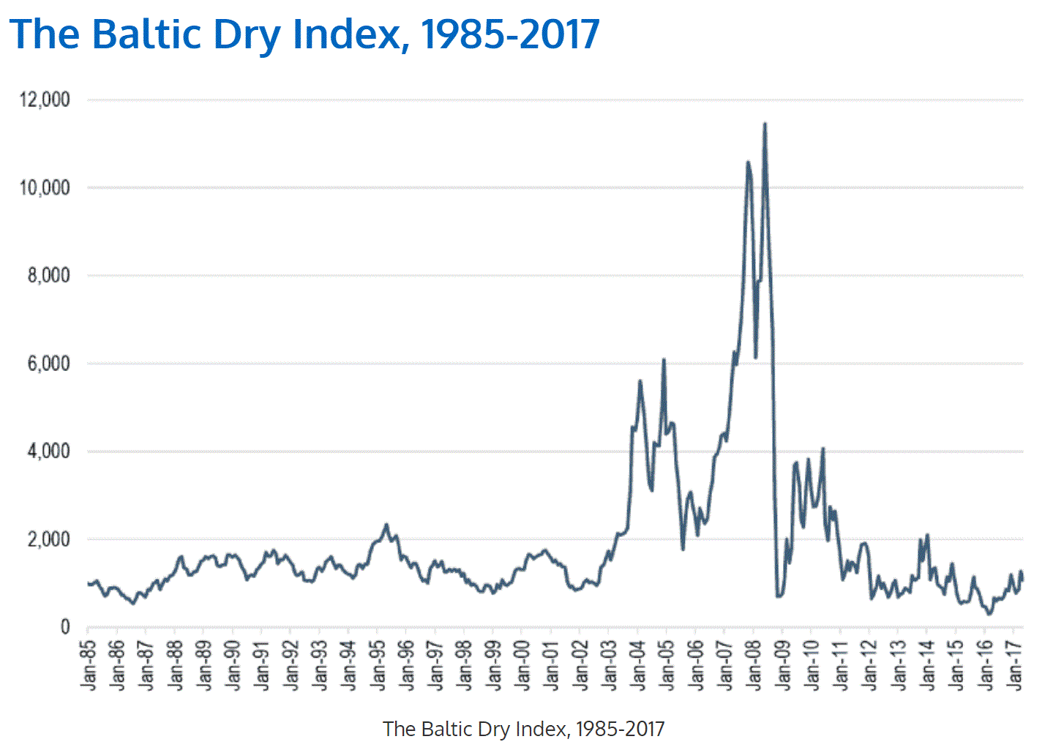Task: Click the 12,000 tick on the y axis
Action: click(x=45, y=100)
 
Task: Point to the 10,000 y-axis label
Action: click(x=45, y=188)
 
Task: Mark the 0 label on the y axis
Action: click(x=64, y=627)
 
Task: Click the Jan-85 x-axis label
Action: click(x=89, y=664)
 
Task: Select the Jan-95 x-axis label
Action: click(x=378, y=664)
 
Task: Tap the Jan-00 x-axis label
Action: click(x=522, y=664)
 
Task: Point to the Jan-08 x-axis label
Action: click(x=754, y=664)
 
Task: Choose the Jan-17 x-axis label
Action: click(x=1014, y=664)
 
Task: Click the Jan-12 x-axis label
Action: click(x=869, y=664)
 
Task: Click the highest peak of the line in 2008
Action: click(x=765, y=124)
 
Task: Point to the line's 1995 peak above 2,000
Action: click(x=387, y=525)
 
